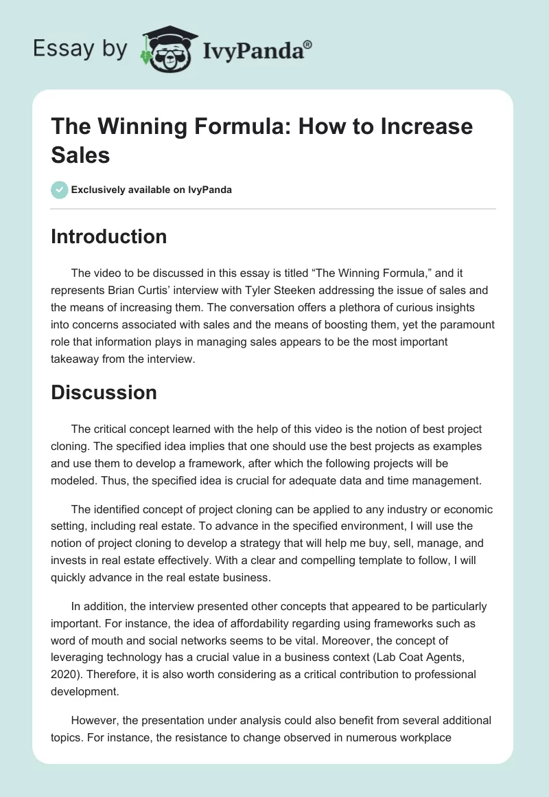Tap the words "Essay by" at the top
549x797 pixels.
(80, 49)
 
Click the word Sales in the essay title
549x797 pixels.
(81, 154)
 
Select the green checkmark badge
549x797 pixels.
(59, 190)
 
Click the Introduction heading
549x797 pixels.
(109, 236)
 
